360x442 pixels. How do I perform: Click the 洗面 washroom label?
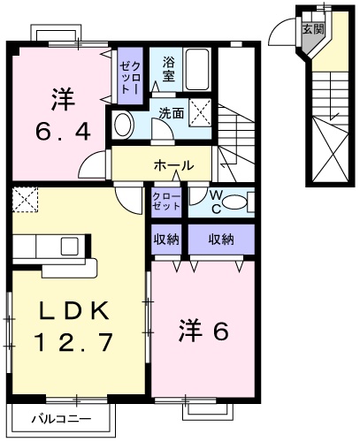point(172,113)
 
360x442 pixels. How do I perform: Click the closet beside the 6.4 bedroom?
point(129,74)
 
